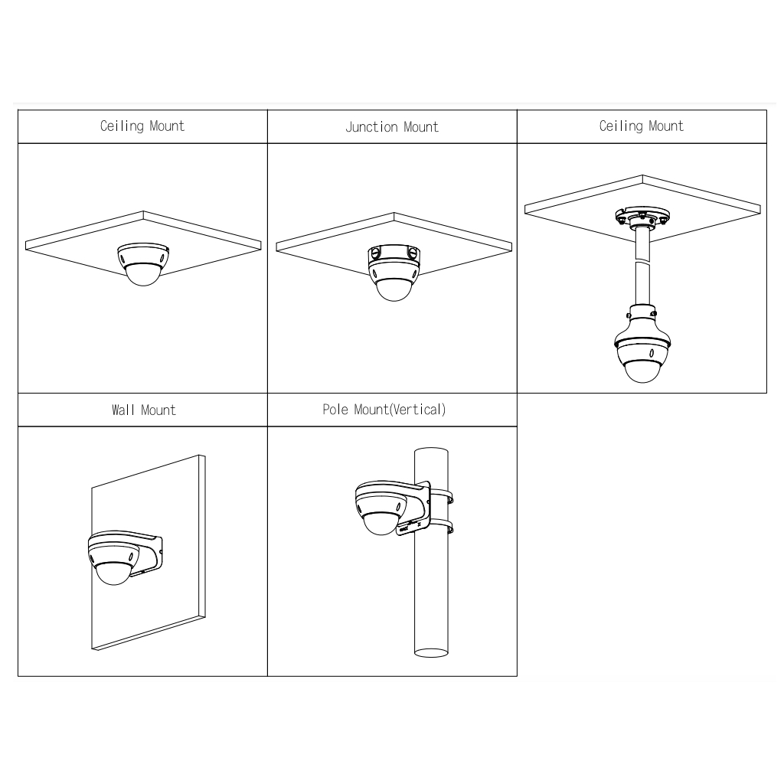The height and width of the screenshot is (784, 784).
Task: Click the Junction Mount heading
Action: [392, 128]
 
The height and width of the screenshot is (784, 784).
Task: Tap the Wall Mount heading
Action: [144, 410]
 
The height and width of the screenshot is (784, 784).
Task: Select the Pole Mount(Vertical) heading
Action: [384, 410]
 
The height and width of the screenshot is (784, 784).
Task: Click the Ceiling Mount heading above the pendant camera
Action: [642, 126]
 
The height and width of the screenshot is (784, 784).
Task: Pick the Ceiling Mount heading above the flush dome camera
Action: [142, 126]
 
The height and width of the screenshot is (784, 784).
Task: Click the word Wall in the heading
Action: [123, 410]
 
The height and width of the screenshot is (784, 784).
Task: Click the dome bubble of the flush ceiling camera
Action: [143, 276]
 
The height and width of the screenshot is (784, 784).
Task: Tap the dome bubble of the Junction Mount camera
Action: [394, 290]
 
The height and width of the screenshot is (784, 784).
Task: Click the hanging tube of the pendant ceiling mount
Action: [642, 267]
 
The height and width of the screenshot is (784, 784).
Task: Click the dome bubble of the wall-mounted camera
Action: [113, 573]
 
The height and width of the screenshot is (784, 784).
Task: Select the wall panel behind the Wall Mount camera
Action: [149, 553]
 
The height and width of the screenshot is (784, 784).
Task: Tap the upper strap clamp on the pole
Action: [442, 496]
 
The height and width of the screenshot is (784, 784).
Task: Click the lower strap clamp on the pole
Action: [442, 527]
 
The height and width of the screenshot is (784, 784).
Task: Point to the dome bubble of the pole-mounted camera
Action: [381, 524]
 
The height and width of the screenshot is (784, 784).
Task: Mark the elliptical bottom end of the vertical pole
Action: [431, 652]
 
